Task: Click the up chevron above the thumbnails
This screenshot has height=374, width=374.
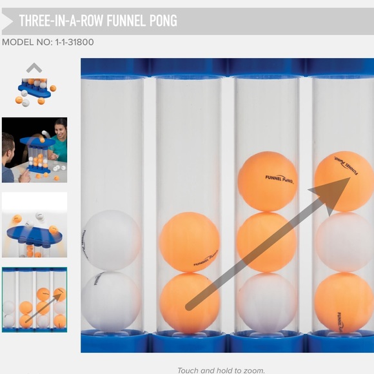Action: coord(34,68)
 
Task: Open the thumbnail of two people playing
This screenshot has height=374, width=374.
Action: coord(34,150)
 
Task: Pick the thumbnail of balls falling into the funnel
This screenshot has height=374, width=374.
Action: coord(34,224)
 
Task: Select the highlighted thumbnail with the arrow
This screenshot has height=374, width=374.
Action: coord(34,300)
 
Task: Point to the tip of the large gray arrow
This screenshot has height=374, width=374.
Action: coord(348,179)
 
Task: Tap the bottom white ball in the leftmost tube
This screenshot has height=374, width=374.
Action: coord(111,300)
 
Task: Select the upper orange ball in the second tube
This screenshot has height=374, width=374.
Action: coord(190,242)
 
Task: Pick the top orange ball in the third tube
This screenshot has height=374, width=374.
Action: coord(267,182)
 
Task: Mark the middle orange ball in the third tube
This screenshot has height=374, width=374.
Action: coord(267,242)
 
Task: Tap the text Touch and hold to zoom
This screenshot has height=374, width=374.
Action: coord(221,370)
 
